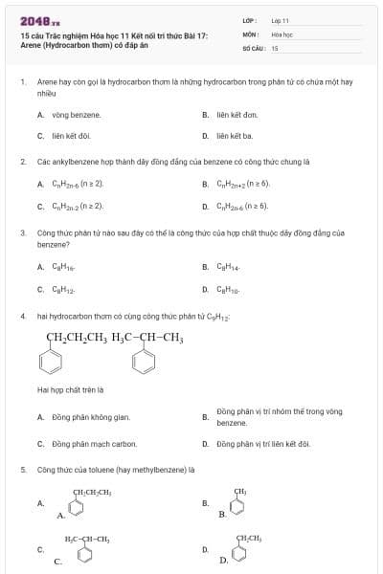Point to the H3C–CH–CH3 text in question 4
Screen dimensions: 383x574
click(x=147, y=337)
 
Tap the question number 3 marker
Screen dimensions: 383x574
click(x=22, y=232)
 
